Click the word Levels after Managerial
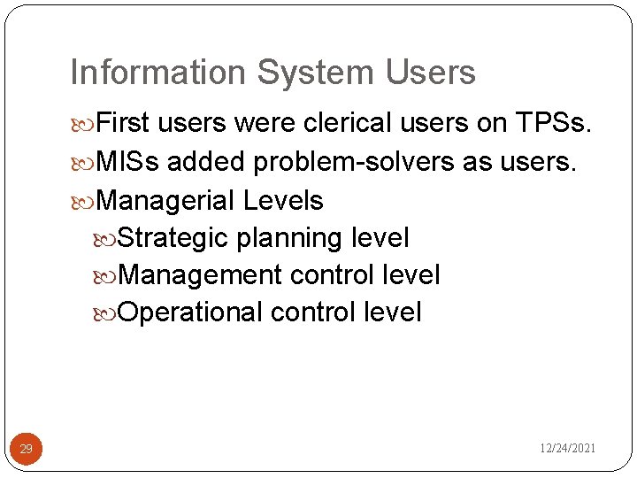coord(283,201)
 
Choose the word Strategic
coord(173,238)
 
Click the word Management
coord(199,275)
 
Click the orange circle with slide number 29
coord(26,450)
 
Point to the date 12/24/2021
coord(568,449)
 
